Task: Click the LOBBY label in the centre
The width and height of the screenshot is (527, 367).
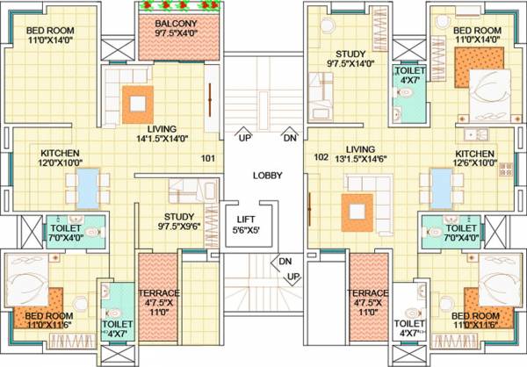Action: click(x=268, y=176)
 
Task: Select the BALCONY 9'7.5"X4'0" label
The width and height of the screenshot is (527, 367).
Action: click(x=176, y=29)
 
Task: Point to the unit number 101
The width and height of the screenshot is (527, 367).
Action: click(x=208, y=159)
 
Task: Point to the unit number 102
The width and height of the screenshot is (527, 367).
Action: click(x=321, y=158)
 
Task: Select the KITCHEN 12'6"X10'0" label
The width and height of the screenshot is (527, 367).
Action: click(x=475, y=157)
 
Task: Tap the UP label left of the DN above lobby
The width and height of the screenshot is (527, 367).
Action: click(x=247, y=138)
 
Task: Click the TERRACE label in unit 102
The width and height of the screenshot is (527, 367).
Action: click(x=366, y=299)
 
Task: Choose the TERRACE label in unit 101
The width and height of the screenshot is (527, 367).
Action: click(x=159, y=299)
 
